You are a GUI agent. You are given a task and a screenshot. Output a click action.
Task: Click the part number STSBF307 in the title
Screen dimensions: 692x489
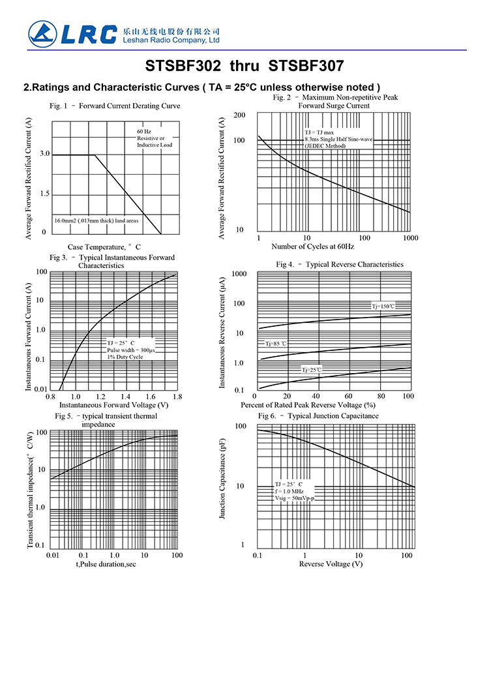tap(306, 66)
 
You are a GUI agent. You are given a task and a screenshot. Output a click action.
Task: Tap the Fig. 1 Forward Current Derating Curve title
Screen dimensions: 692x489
tap(115, 106)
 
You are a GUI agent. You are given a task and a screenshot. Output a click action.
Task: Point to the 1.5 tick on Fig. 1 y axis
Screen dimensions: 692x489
tap(44, 194)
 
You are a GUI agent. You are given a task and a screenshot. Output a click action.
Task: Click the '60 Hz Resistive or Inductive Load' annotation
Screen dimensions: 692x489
tap(154, 138)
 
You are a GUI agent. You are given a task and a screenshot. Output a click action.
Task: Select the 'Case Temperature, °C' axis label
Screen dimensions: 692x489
tap(104, 247)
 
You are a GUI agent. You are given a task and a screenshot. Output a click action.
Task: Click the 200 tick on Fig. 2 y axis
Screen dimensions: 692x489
tap(239, 115)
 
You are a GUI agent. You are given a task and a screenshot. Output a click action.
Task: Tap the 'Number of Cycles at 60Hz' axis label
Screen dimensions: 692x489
tap(313, 247)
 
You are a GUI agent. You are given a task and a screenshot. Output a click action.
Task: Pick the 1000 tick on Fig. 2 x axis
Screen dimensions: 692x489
tap(410, 238)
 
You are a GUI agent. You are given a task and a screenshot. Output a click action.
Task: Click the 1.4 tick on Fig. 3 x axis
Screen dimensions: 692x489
tap(125, 397)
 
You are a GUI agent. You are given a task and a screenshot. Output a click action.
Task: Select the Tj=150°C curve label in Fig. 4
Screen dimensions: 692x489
tap(383, 306)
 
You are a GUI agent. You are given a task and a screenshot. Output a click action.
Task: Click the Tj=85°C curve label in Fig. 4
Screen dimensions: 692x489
tap(276, 343)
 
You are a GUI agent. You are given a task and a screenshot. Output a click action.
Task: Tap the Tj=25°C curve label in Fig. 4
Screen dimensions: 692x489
tap(311, 370)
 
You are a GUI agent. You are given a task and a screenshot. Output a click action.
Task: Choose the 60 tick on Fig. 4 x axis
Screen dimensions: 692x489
tap(348, 397)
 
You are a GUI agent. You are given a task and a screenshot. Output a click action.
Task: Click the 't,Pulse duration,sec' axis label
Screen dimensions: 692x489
tap(105, 564)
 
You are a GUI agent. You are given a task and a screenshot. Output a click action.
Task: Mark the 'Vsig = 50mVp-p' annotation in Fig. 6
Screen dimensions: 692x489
tap(294, 499)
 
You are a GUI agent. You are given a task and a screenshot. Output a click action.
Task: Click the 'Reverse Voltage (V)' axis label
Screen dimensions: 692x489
tap(331, 564)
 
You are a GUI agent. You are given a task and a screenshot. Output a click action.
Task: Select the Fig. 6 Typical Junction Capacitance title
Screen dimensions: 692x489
tap(318, 415)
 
